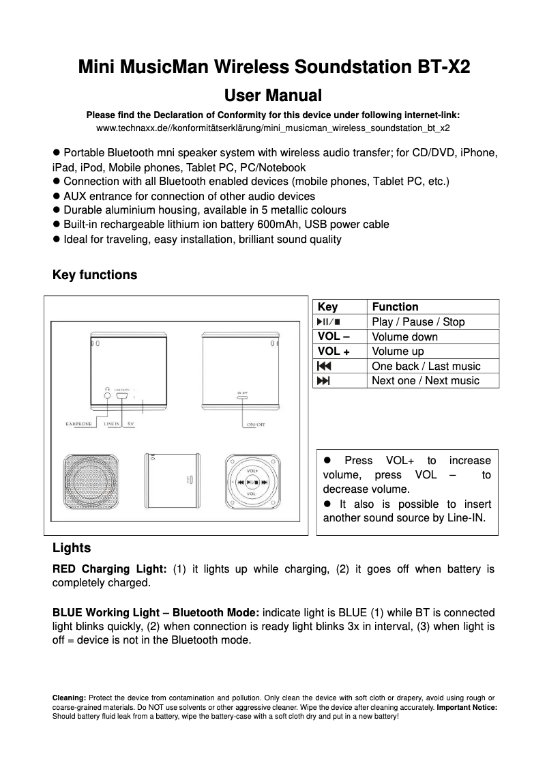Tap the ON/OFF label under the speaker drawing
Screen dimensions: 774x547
click(x=256, y=425)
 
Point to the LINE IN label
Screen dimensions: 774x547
click(x=111, y=425)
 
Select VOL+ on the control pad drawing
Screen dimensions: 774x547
click(x=252, y=470)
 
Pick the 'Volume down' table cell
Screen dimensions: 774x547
click(x=405, y=336)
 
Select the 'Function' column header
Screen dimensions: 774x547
click(x=395, y=307)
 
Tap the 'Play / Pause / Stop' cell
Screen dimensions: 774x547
click(x=417, y=322)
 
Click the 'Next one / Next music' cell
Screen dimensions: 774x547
click(x=426, y=381)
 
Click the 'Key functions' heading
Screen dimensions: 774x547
click(x=95, y=275)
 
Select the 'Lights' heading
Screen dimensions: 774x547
click(x=72, y=548)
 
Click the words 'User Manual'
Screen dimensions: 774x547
click(x=273, y=94)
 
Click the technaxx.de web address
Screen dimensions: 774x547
click(x=273, y=128)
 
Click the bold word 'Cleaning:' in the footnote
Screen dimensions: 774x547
click(x=69, y=698)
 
